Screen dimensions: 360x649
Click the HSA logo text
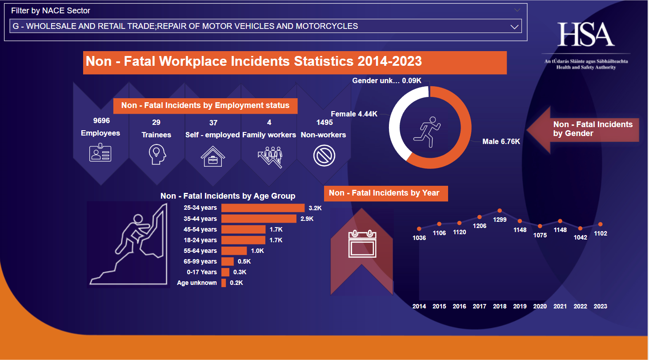586,35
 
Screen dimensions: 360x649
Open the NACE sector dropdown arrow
515,27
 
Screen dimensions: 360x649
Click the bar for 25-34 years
263,208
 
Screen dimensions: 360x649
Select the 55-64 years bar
234,251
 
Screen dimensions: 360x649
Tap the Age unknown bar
224,283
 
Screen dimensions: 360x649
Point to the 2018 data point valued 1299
500,211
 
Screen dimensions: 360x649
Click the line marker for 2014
419,228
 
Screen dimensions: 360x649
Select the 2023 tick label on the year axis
600,306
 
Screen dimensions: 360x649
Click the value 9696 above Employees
101,120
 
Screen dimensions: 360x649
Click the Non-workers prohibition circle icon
324,156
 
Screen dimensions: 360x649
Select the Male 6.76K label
501,142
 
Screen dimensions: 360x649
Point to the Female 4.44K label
354,114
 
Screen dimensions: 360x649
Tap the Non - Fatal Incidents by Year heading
384,193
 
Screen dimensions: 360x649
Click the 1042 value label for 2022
580,237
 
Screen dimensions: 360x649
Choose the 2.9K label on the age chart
307,219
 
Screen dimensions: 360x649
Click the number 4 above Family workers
269,123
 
